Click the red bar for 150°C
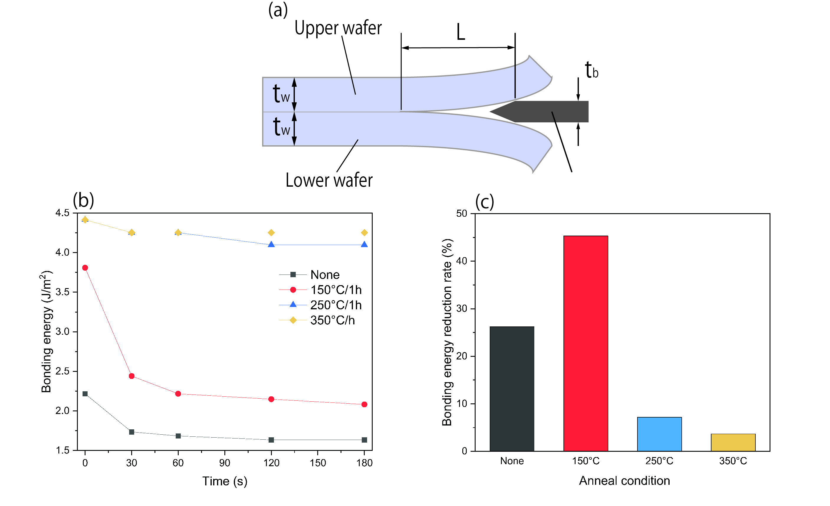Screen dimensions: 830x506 tap(586, 343)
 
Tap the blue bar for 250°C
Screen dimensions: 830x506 tap(659, 434)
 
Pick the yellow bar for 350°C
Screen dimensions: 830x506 tap(733, 442)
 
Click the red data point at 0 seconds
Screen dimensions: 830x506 tap(85, 268)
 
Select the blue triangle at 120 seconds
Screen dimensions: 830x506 tap(271, 244)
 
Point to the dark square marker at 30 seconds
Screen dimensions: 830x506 tap(132, 432)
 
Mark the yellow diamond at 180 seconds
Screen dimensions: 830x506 tap(364, 233)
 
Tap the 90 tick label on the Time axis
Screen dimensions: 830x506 tap(225, 463)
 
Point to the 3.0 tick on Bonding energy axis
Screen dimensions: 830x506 tap(62, 331)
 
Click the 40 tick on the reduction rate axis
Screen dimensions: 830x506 tap(462, 261)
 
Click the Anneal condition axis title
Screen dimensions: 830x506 tap(624, 481)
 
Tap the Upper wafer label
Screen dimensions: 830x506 tap(338, 28)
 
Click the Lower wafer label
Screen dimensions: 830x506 tap(329, 180)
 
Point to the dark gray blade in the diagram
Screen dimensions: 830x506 tap(539, 111)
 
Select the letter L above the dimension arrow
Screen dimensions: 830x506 tap(461, 32)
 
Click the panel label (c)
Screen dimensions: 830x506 tap(485, 202)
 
